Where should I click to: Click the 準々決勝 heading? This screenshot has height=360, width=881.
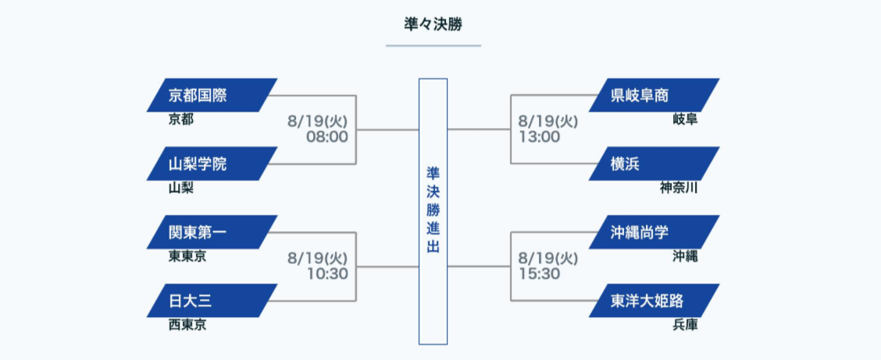(433, 24)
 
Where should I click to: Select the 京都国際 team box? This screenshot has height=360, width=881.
(212, 95)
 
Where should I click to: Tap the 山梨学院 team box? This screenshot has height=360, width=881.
(212, 164)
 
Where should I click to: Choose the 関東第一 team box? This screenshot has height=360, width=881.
(212, 232)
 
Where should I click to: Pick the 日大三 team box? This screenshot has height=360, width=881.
(212, 301)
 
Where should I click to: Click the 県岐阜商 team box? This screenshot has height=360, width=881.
(654, 95)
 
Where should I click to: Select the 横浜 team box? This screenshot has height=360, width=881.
(654, 164)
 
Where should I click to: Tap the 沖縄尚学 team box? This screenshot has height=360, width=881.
(654, 232)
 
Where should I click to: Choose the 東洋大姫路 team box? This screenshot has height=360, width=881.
(654, 301)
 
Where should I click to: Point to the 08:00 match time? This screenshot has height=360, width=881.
(327, 137)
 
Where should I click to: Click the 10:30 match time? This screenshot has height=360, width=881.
(327, 274)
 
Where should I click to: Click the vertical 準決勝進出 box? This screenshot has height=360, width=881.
(433, 211)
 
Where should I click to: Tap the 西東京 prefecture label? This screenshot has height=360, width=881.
(187, 325)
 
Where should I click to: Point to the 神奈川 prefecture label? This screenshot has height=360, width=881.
(679, 187)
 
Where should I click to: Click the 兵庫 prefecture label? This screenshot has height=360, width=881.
(685, 325)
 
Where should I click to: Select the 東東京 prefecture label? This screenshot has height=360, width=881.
(187, 256)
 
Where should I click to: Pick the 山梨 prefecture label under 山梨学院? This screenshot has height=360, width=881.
(181, 187)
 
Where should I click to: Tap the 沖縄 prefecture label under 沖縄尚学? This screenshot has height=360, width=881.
(685, 256)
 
